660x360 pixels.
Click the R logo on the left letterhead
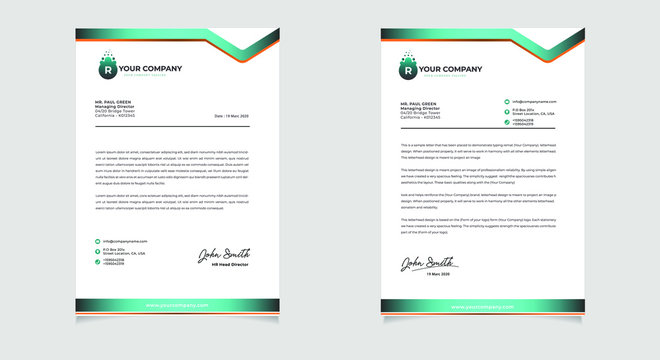pos(104,69)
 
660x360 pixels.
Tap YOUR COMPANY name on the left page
pos(149,70)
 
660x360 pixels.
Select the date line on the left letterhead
pos(232,116)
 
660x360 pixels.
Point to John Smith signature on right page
pos(421,263)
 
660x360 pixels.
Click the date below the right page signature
pos(439,273)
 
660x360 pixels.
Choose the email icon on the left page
pos(98,242)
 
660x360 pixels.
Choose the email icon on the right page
pos(507,101)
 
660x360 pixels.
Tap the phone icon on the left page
pos(98,263)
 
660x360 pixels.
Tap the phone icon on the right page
pos(507,122)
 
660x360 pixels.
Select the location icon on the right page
pos(507,111)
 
